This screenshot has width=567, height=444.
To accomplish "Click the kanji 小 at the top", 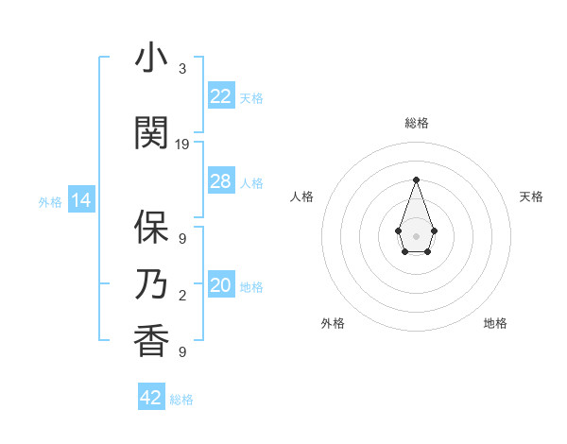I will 151,59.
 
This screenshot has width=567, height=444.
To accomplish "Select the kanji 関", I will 151,133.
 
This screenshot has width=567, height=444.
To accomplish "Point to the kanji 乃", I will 151,285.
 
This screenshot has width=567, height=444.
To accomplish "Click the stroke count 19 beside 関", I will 182,145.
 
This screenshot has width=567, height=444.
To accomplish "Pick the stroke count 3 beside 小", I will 182,69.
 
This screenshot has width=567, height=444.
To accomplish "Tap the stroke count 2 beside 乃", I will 182,296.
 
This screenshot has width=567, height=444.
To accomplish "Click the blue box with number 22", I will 220,96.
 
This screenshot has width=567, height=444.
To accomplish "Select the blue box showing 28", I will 220,181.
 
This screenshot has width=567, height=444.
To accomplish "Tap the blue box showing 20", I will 220,285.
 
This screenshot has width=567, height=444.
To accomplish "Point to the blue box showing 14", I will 80,200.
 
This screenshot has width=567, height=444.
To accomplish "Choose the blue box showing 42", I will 151,398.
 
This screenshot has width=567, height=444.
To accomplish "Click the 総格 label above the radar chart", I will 417,123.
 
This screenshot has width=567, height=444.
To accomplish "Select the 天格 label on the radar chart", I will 531,196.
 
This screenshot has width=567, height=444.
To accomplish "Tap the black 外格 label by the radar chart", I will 333,323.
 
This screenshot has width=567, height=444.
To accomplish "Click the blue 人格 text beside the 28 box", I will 251,183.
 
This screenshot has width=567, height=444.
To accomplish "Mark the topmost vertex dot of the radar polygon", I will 416,179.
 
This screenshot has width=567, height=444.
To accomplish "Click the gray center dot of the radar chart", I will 416,235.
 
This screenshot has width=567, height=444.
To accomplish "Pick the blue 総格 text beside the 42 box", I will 181,400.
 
